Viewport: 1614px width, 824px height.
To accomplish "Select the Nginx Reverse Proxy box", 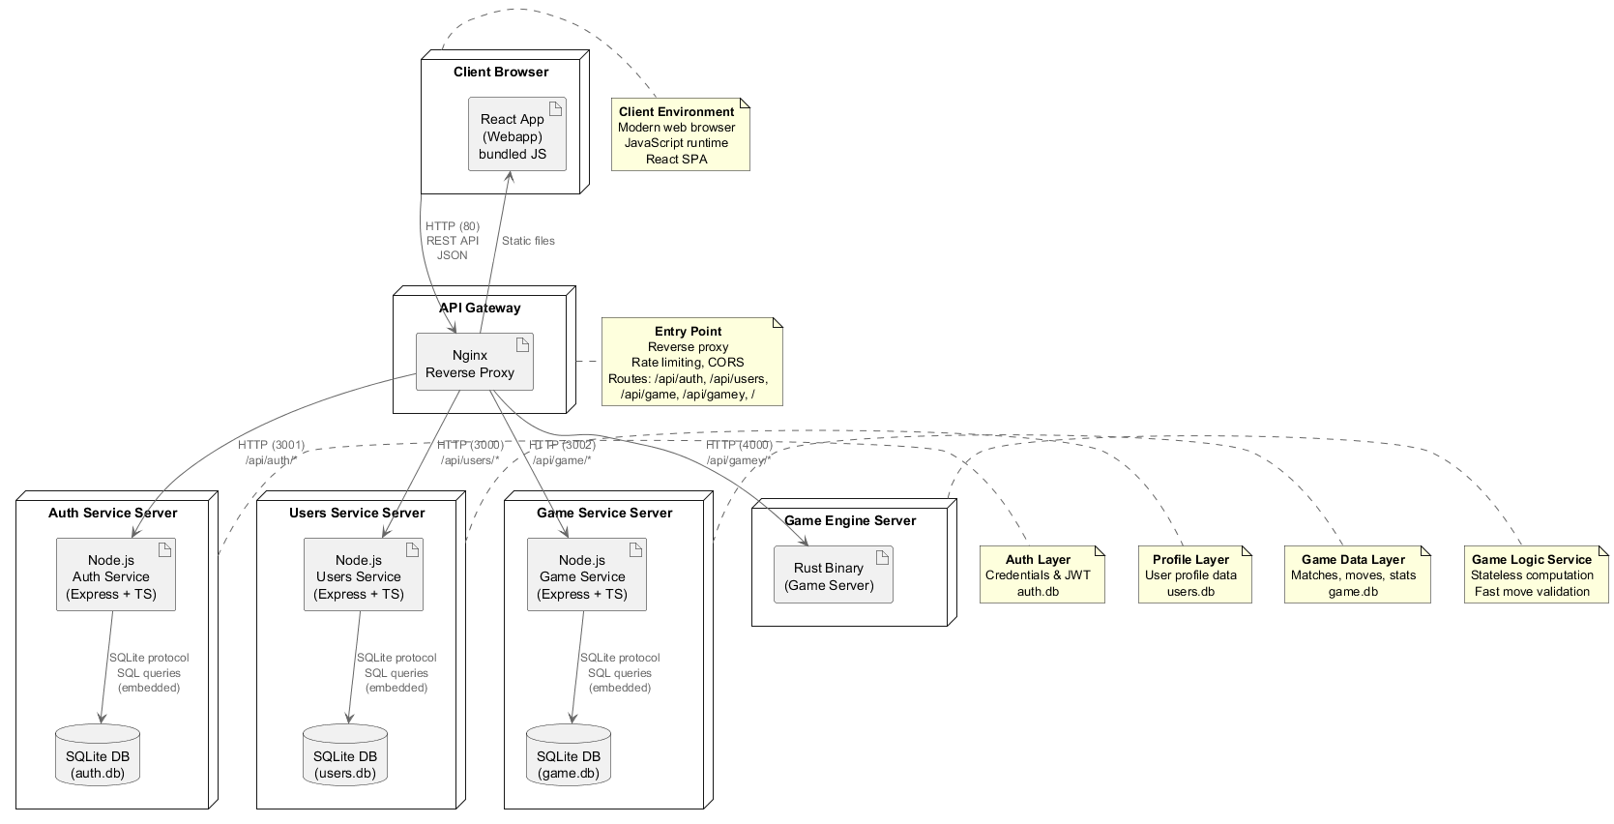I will click(474, 363).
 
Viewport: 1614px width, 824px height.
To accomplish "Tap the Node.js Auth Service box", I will click(116, 575).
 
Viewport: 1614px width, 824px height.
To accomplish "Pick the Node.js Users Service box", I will click(363, 575).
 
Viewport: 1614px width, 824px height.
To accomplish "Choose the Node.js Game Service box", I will click(586, 575).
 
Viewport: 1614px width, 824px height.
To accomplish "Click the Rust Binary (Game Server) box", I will click(833, 575).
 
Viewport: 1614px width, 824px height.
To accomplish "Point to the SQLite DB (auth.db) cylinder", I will click(98, 755).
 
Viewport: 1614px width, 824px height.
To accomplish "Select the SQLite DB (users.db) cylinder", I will click(345, 755).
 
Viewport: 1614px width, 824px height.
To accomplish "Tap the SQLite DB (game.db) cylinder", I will click(569, 755).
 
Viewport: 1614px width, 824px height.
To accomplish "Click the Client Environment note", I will click(680, 135).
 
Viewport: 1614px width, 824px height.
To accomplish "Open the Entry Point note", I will click(690, 362).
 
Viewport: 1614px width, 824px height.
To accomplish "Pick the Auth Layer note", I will click(1042, 574).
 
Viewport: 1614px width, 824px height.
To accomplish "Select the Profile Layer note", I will click(1194, 574).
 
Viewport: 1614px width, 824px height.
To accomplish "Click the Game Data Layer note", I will click(1357, 574).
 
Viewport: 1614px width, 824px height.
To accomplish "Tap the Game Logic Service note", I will click(1536, 574).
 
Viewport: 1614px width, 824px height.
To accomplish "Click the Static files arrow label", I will click(528, 241).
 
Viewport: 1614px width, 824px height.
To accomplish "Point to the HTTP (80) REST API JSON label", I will click(453, 241).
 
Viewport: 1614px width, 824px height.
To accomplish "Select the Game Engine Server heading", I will click(850, 520).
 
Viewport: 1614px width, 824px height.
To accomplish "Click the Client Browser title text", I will click(501, 72).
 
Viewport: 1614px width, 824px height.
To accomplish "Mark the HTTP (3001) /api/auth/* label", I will click(272, 453).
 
